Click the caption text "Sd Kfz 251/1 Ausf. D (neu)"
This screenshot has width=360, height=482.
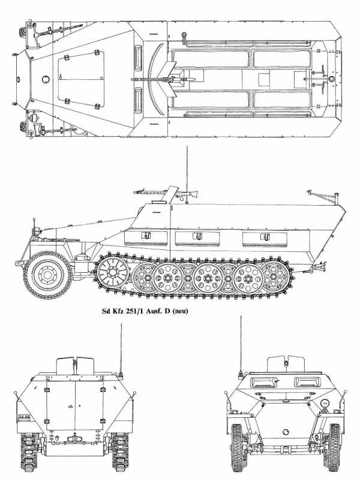click(x=145, y=311)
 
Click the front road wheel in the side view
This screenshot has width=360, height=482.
click(x=47, y=275)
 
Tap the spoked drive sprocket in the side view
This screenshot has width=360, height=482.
click(x=112, y=272)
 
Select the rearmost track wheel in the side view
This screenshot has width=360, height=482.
click(x=273, y=276)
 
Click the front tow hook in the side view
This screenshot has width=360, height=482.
click(x=19, y=263)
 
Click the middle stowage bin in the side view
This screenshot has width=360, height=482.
click(x=197, y=239)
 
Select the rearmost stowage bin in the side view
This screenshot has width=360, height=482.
click(x=265, y=239)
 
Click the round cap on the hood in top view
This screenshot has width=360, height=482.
click(x=46, y=79)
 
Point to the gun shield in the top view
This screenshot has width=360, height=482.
click(x=169, y=79)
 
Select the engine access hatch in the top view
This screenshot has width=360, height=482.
click(x=81, y=79)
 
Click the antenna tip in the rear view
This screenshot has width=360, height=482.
click(x=121, y=324)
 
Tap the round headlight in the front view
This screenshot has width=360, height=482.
click(x=325, y=403)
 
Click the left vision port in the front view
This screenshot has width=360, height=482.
click(x=262, y=382)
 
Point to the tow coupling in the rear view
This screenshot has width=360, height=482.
click(x=75, y=438)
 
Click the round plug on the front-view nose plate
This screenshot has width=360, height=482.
click(x=286, y=431)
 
